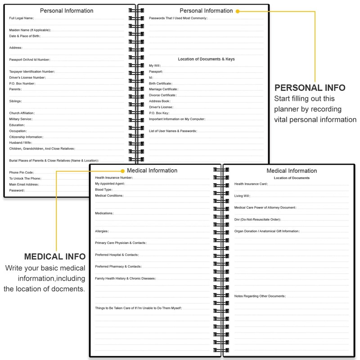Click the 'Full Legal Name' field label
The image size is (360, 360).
coord(22,18)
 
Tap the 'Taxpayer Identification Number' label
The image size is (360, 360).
coord(32,72)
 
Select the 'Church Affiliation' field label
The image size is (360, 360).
coord(22,113)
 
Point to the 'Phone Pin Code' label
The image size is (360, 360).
coord(22,172)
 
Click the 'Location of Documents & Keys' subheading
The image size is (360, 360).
coord(206,59)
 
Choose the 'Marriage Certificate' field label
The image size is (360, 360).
coord(163,89)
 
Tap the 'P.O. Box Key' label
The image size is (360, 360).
coord(159,113)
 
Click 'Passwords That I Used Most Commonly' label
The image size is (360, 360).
coord(178,18)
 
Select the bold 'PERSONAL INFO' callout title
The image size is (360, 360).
coord(310,88)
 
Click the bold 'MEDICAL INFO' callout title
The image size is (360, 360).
coord(55,256)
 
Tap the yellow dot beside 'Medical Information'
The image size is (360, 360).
coord(122,171)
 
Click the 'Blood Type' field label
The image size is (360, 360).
coord(103,190)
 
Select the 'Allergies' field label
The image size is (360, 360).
coord(102,231)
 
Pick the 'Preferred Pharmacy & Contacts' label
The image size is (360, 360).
coord(118,267)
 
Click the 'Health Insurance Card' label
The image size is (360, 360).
coord(251,184)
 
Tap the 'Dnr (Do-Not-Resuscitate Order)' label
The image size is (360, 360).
coord(257,220)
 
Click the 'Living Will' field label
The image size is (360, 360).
coord(242,196)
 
